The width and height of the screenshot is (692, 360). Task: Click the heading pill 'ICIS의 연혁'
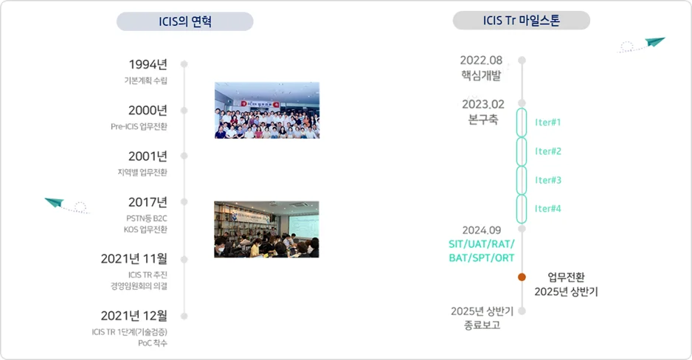click(x=184, y=21)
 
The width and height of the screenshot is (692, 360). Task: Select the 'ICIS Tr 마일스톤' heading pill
click(x=521, y=21)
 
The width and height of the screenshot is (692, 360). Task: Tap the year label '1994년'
click(x=148, y=64)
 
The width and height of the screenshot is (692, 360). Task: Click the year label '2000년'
click(x=148, y=111)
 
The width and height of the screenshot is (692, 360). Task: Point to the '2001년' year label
click(x=148, y=156)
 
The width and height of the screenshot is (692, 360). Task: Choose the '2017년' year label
click(x=148, y=202)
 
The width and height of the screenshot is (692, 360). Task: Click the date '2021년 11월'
click(x=134, y=259)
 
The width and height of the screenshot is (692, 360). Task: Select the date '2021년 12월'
click(x=134, y=316)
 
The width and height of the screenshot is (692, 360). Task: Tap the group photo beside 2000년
click(x=266, y=110)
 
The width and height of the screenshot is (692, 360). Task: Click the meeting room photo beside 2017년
click(x=266, y=229)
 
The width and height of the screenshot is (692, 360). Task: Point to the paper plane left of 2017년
click(x=56, y=202)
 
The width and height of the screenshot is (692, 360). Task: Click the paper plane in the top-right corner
click(x=654, y=43)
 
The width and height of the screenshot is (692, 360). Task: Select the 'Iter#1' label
click(x=548, y=122)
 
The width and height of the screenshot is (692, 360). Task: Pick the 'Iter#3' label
click(x=548, y=180)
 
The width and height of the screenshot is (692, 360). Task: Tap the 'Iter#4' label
click(x=548, y=209)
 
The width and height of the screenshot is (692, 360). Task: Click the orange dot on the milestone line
click(x=522, y=277)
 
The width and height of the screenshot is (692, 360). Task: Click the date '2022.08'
click(x=481, y=60)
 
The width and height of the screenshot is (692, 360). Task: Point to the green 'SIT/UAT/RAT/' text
click(x=481, y=244)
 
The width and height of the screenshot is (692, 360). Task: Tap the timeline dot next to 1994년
click(x=184, y=64)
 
